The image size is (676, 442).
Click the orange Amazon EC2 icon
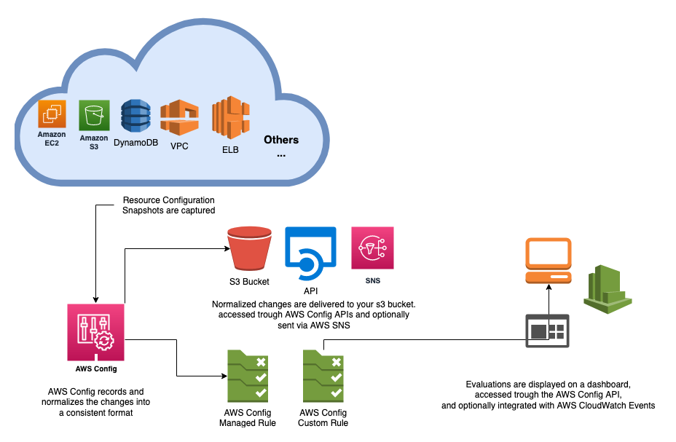(52, 114)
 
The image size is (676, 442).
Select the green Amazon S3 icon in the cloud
(94, 115)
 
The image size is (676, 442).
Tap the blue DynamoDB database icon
(135, 117)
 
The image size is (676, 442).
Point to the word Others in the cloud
(281, 140)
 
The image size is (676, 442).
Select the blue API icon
(310, 252)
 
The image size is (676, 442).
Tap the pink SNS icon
(372, 248)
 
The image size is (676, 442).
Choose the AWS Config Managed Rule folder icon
(247, 376)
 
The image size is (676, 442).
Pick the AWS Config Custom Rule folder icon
(323, 376)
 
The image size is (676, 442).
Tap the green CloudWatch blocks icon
(607, 286)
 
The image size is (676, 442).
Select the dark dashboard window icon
(547, 331)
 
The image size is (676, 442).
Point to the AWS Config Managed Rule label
(248, 417)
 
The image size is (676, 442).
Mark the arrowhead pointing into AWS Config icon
(95, 299)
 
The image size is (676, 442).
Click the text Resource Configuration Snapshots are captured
(168, 205)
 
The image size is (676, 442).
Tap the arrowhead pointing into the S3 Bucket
(222, 249)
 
